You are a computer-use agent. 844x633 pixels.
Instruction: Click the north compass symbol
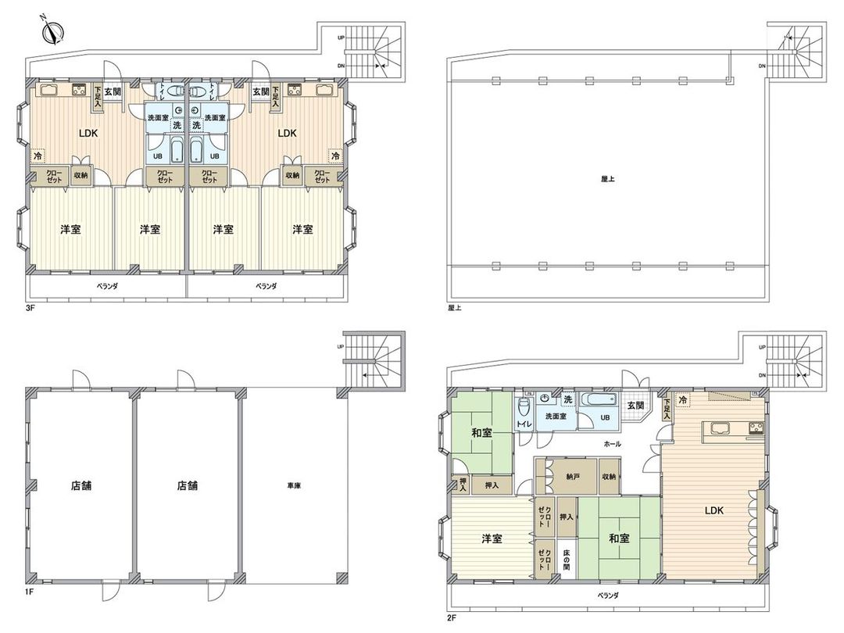tap(54, 32)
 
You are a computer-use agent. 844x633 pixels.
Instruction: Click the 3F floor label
tap(30, 309)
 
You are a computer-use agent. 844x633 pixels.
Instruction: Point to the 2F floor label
tap(451, 617)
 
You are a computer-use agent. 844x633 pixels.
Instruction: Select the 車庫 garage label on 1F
tap(294, 485)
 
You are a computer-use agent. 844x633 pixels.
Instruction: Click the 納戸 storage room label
tap(574, 475)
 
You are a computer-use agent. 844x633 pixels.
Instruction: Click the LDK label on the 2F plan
tap(713, 510)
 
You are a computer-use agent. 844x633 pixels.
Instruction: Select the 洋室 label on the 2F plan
tap(492, 538)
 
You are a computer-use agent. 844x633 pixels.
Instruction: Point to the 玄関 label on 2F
tap(635, 405)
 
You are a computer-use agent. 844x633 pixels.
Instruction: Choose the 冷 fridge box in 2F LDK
tap(684, 401)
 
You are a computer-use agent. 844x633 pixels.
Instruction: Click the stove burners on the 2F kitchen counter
tap(756, 427)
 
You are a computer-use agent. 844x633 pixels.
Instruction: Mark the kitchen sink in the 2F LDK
tap(718, 427)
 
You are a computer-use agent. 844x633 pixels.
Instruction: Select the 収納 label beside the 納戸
tap(609, 475)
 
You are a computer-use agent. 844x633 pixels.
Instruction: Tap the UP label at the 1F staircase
tap(340, 345)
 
